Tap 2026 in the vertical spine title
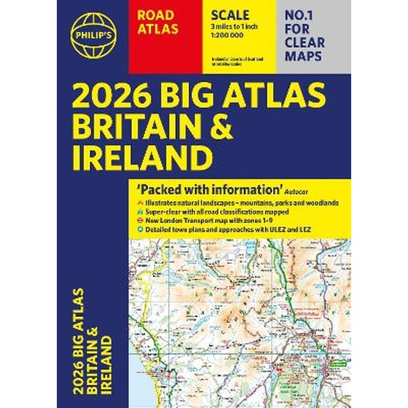coord(80,376)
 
